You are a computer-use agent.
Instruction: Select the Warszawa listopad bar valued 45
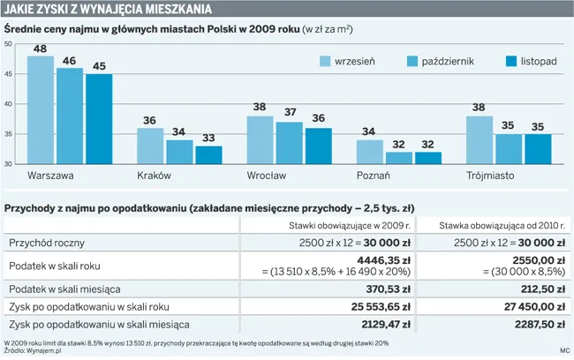pyautogui.click(x=99, y=119)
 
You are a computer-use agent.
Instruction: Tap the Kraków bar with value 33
pyautogui.click(x=208, y=155)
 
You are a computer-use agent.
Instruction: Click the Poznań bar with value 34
pyautogui.click(x=370, y=152)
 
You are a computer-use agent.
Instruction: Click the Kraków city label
pyautogui.click(x=154, y=176)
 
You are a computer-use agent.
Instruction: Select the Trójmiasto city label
pyautogui.click(x=490, y=176)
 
